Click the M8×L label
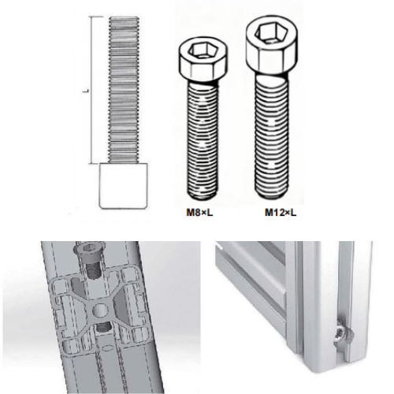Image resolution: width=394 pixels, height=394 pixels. pos(199,213)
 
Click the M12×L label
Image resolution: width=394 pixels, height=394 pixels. pos(281,213)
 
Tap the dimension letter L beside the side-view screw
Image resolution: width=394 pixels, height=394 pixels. pos(85,91)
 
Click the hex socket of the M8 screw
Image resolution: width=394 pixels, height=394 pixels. pos(203,50)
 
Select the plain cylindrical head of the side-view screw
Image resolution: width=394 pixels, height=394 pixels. pos(123,186)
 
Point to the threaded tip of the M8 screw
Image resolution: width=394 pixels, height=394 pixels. pos(203,195)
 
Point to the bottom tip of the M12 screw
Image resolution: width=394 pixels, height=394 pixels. pos(271,195)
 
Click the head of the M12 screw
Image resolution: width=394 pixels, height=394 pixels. pos(272,46)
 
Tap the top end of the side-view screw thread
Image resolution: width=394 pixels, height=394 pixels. pos(124,17)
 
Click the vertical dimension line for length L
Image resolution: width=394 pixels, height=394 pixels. pos(91,90)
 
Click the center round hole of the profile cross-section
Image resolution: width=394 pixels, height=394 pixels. pos(101,310)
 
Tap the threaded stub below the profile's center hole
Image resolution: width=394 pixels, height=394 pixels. pos(104,327)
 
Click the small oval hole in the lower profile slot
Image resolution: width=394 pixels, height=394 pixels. pos(107,348)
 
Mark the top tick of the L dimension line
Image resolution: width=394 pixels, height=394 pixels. pos(96,17)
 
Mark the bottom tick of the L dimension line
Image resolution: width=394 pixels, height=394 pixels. pos(97,163)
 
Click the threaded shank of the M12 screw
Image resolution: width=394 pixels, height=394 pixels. pos(271,136)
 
